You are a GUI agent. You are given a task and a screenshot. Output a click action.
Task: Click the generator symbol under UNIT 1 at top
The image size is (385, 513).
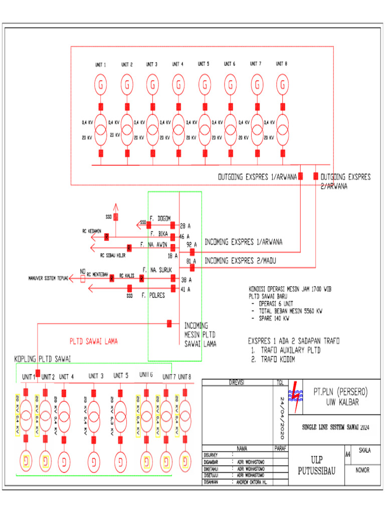[101, 85]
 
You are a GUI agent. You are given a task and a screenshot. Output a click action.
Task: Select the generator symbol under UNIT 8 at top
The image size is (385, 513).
[282, 85]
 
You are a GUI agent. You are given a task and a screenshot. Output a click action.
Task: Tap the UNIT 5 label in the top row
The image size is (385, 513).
[204, 64]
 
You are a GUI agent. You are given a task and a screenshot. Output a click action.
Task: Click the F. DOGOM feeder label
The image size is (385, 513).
[160, 218]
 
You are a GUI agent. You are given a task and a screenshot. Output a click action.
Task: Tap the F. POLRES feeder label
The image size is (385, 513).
[153, 296]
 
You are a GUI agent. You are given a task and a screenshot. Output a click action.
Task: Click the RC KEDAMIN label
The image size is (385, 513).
[92, 231]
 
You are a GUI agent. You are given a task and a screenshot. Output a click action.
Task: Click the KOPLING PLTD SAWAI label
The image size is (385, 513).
[43, 360]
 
